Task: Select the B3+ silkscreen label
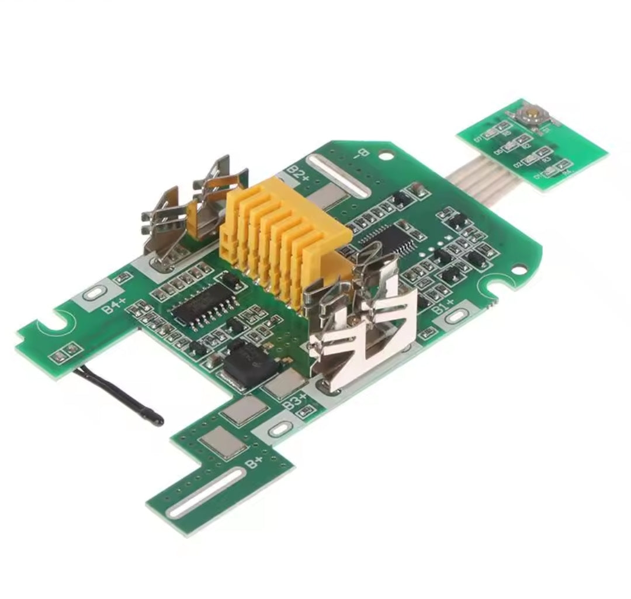pos(294,401)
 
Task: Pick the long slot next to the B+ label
pos(206,492)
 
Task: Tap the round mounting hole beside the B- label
pos(384,155)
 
